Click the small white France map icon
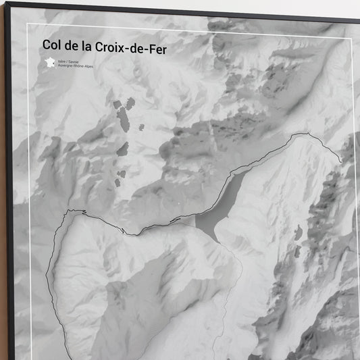pos(49,62)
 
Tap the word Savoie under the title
pos(78,60)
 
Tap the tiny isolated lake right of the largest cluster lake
pos(141,127)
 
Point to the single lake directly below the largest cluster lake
pos(122,149)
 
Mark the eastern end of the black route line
pos(340,161)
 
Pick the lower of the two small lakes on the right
pos(297,251)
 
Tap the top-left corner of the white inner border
pos(27,25)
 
